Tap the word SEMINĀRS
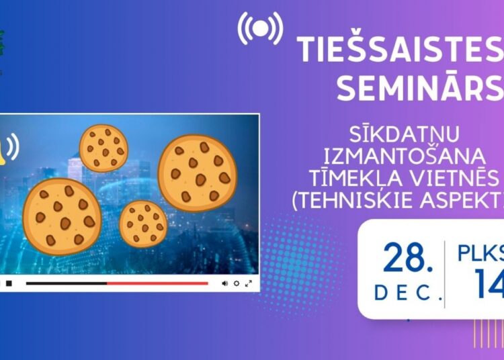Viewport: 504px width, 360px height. (419, 89)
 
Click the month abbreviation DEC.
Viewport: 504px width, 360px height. (407, 293)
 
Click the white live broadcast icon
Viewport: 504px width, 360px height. (261, 30)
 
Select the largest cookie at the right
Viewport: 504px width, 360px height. (198, 173)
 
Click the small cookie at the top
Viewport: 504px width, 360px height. (103, 148)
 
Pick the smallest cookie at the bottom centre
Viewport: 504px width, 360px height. (143, 224)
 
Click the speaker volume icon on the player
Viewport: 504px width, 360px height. (225, 283)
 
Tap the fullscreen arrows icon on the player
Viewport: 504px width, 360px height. (248, 283)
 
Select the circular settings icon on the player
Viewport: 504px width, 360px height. (237, 283)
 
